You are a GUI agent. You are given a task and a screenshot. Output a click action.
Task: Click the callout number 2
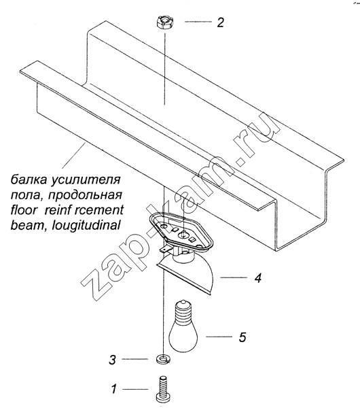pyautogui.click(x=220, y=22)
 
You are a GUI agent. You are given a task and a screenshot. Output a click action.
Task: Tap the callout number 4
pyautogui.click(x=257, y=278)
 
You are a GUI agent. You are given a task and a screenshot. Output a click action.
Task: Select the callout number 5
pyautogui.click(x=242, y=337)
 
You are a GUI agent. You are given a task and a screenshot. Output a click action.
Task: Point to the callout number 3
pyautogui.click(x=112, y=360)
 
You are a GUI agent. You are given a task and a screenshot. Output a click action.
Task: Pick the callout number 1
pyautogui.click(x=114, y=389)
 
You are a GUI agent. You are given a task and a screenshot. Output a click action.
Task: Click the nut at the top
pyautogui.click(x=163, y=22)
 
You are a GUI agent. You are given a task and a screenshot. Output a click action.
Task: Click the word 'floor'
pyautogui.click(x=23, y=210)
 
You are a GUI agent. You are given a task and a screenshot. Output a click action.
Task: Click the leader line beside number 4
pyautogui.click(x=234, y=277)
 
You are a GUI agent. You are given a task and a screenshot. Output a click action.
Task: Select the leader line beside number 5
pyautogui.click(x=219, y=337)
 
